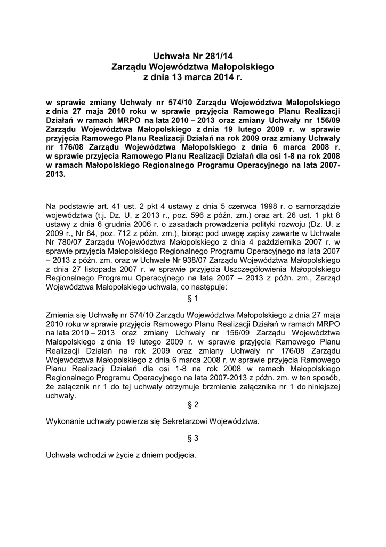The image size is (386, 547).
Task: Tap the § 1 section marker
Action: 192,298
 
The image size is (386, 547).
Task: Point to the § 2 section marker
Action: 192,405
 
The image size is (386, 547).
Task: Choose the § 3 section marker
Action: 192,439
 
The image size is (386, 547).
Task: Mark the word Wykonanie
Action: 66,421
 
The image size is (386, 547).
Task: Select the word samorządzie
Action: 315,206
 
